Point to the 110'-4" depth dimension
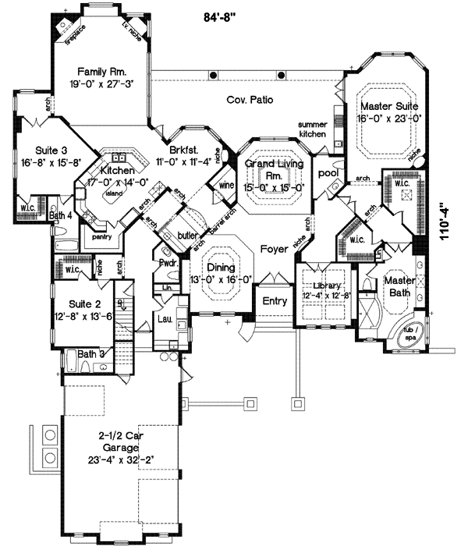point(445,227)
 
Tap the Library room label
point(323,286)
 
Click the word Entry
point(275,301)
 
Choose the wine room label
point(226,186)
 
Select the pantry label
point(99,234)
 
